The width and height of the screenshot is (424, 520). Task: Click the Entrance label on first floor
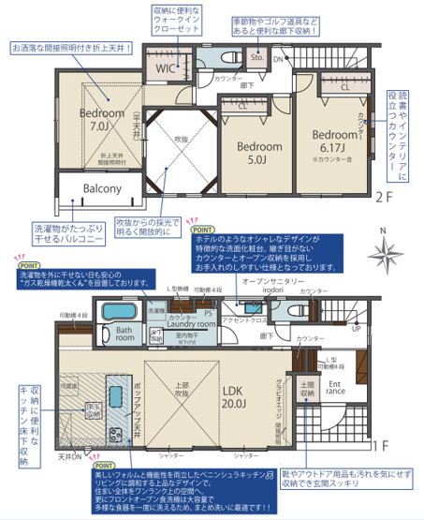coord(334,387)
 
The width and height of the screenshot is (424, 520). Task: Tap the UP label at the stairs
coord(356,329)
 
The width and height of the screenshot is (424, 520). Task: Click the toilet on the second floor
coord(227,56)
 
